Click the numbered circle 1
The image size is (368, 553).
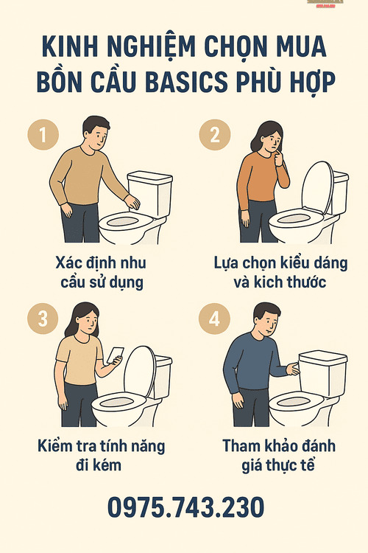(x=43, y=136)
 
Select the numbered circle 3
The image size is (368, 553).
(x=43, y=319)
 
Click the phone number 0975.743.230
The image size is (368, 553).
(x=185, y=508)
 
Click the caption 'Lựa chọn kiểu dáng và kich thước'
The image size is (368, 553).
(x=280, y=273)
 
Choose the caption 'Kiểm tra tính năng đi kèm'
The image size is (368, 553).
(x=101, y=456)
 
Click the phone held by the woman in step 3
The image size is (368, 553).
(x=115, y=357)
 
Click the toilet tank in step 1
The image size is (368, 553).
(x=149, y=192)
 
